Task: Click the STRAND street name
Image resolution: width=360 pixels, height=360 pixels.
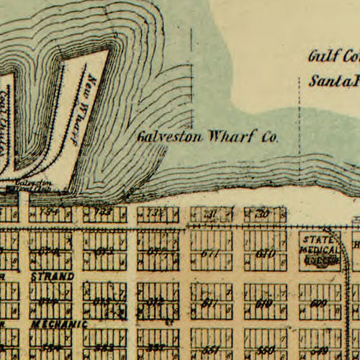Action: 53,276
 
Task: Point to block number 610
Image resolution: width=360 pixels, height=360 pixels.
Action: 264,303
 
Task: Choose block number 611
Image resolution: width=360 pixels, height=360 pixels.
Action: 209,303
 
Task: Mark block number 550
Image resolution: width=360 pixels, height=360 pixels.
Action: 264,348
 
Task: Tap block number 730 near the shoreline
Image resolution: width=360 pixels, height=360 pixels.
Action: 264,213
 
